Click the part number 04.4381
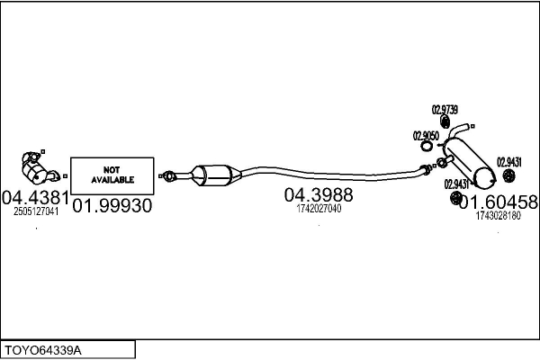pos(35,196)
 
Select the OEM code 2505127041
pos(36,212)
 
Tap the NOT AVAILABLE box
pos(111,175)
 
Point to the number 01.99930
pos(112,206)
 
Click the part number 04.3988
pos(319,194)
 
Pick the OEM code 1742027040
pos(319,209)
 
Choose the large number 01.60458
pos(498,202)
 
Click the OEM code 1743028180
pos(497,216)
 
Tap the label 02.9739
pos(445,109)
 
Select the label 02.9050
pos(426,136)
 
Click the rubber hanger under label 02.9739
pos(445,121)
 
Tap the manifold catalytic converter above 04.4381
pos(34,167)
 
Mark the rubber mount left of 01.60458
pos(454,197)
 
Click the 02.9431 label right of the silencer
pos(509,150)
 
